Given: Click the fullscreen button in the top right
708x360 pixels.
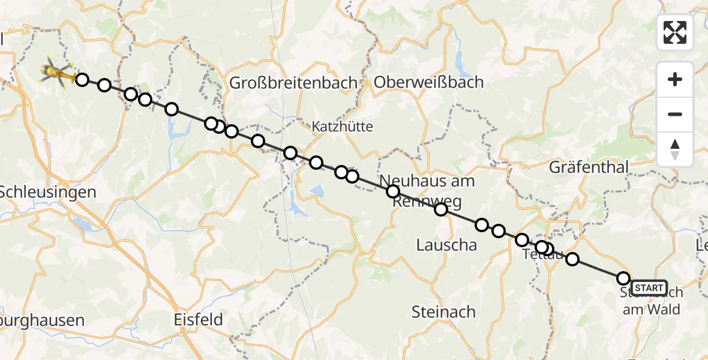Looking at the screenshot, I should pos(675,32).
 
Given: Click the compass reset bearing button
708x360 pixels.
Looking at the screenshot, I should pos(675,149).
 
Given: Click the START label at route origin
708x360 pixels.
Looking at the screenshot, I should pos(649,288).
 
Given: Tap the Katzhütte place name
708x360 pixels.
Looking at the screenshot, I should pos(342,127).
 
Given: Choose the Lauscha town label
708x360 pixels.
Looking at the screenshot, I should pos(446,245).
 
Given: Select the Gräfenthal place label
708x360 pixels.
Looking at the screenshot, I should pos(588,167).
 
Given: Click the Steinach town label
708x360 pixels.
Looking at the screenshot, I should pos(443,312).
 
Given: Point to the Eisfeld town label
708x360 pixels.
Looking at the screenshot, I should pos(198,319).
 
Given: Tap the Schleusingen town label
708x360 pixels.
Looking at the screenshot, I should pos(48,193).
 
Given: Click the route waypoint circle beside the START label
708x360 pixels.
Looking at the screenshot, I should pos(623,278).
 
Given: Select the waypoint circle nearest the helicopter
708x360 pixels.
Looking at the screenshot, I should pos(82,80).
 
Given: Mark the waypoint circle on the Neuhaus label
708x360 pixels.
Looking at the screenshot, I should pos(392,191).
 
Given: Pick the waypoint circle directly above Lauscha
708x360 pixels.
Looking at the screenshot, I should pos(441,209).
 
